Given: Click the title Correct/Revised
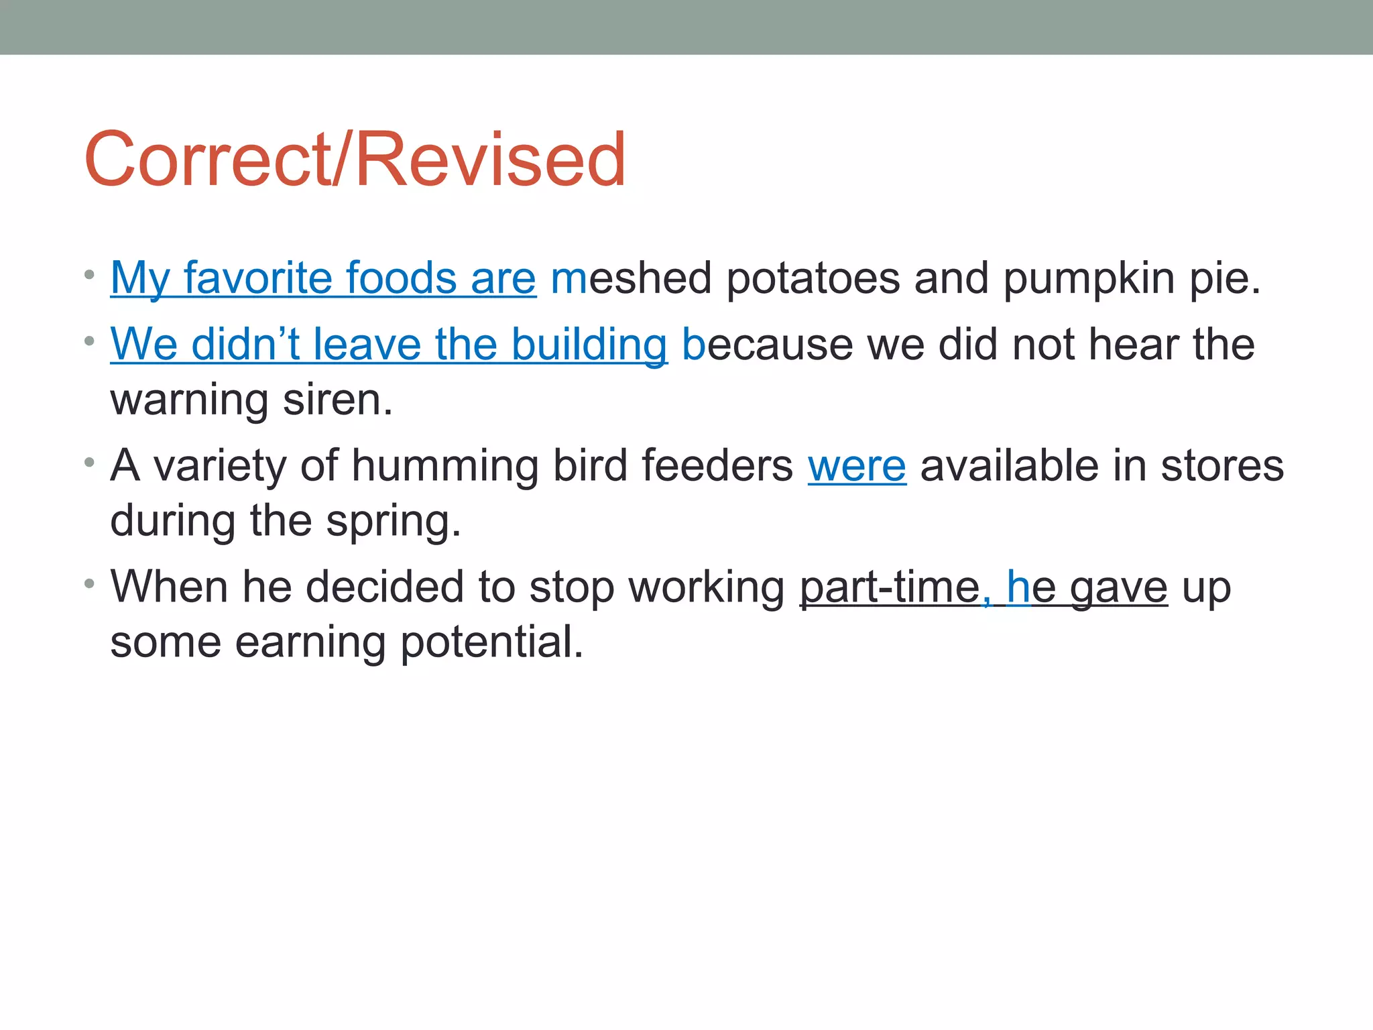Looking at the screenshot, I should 355,160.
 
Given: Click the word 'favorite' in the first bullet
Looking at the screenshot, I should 257,278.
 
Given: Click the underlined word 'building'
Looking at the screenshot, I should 589,345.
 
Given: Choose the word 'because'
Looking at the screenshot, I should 767,345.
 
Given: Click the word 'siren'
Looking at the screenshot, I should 337,400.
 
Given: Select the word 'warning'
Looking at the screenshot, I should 189,400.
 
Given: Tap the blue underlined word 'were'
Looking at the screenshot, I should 857,465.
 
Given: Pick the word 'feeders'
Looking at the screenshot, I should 717,465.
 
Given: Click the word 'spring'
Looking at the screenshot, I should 393,521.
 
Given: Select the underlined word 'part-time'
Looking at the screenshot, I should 890,587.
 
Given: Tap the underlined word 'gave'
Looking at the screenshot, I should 1118,587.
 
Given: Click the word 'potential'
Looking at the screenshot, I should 491,642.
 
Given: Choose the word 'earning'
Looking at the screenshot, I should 310,642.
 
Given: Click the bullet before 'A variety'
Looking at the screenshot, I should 90,462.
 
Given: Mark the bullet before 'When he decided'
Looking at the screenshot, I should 90,583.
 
